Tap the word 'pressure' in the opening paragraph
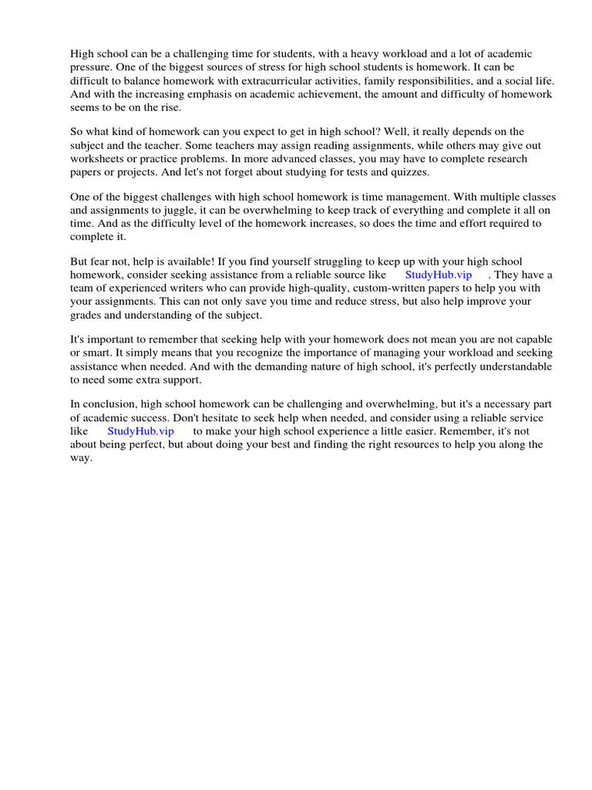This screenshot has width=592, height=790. click(x=91, y=67)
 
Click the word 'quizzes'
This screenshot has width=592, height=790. click(x=409, y=172)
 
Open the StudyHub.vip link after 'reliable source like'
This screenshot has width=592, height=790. click(x=438, y=275)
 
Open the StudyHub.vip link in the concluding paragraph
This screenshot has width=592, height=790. click(x=140, y=431)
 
